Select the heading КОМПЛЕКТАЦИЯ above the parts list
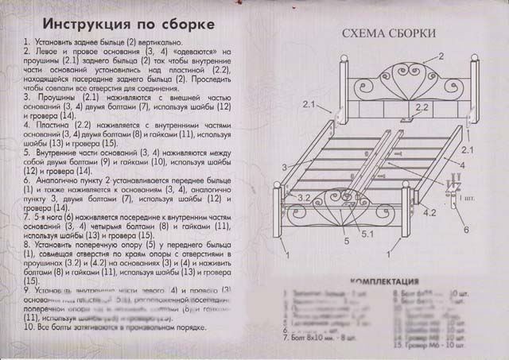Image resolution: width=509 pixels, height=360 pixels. click(384, 281)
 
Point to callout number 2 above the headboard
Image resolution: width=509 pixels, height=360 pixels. click(439, 56)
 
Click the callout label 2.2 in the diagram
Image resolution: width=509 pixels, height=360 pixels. click(422, 106)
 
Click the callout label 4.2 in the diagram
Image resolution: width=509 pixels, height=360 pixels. click(429, 212)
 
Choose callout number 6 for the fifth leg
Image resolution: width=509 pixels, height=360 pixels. click(465, 229)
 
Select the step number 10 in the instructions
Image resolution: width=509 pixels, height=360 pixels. click(29, 325)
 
